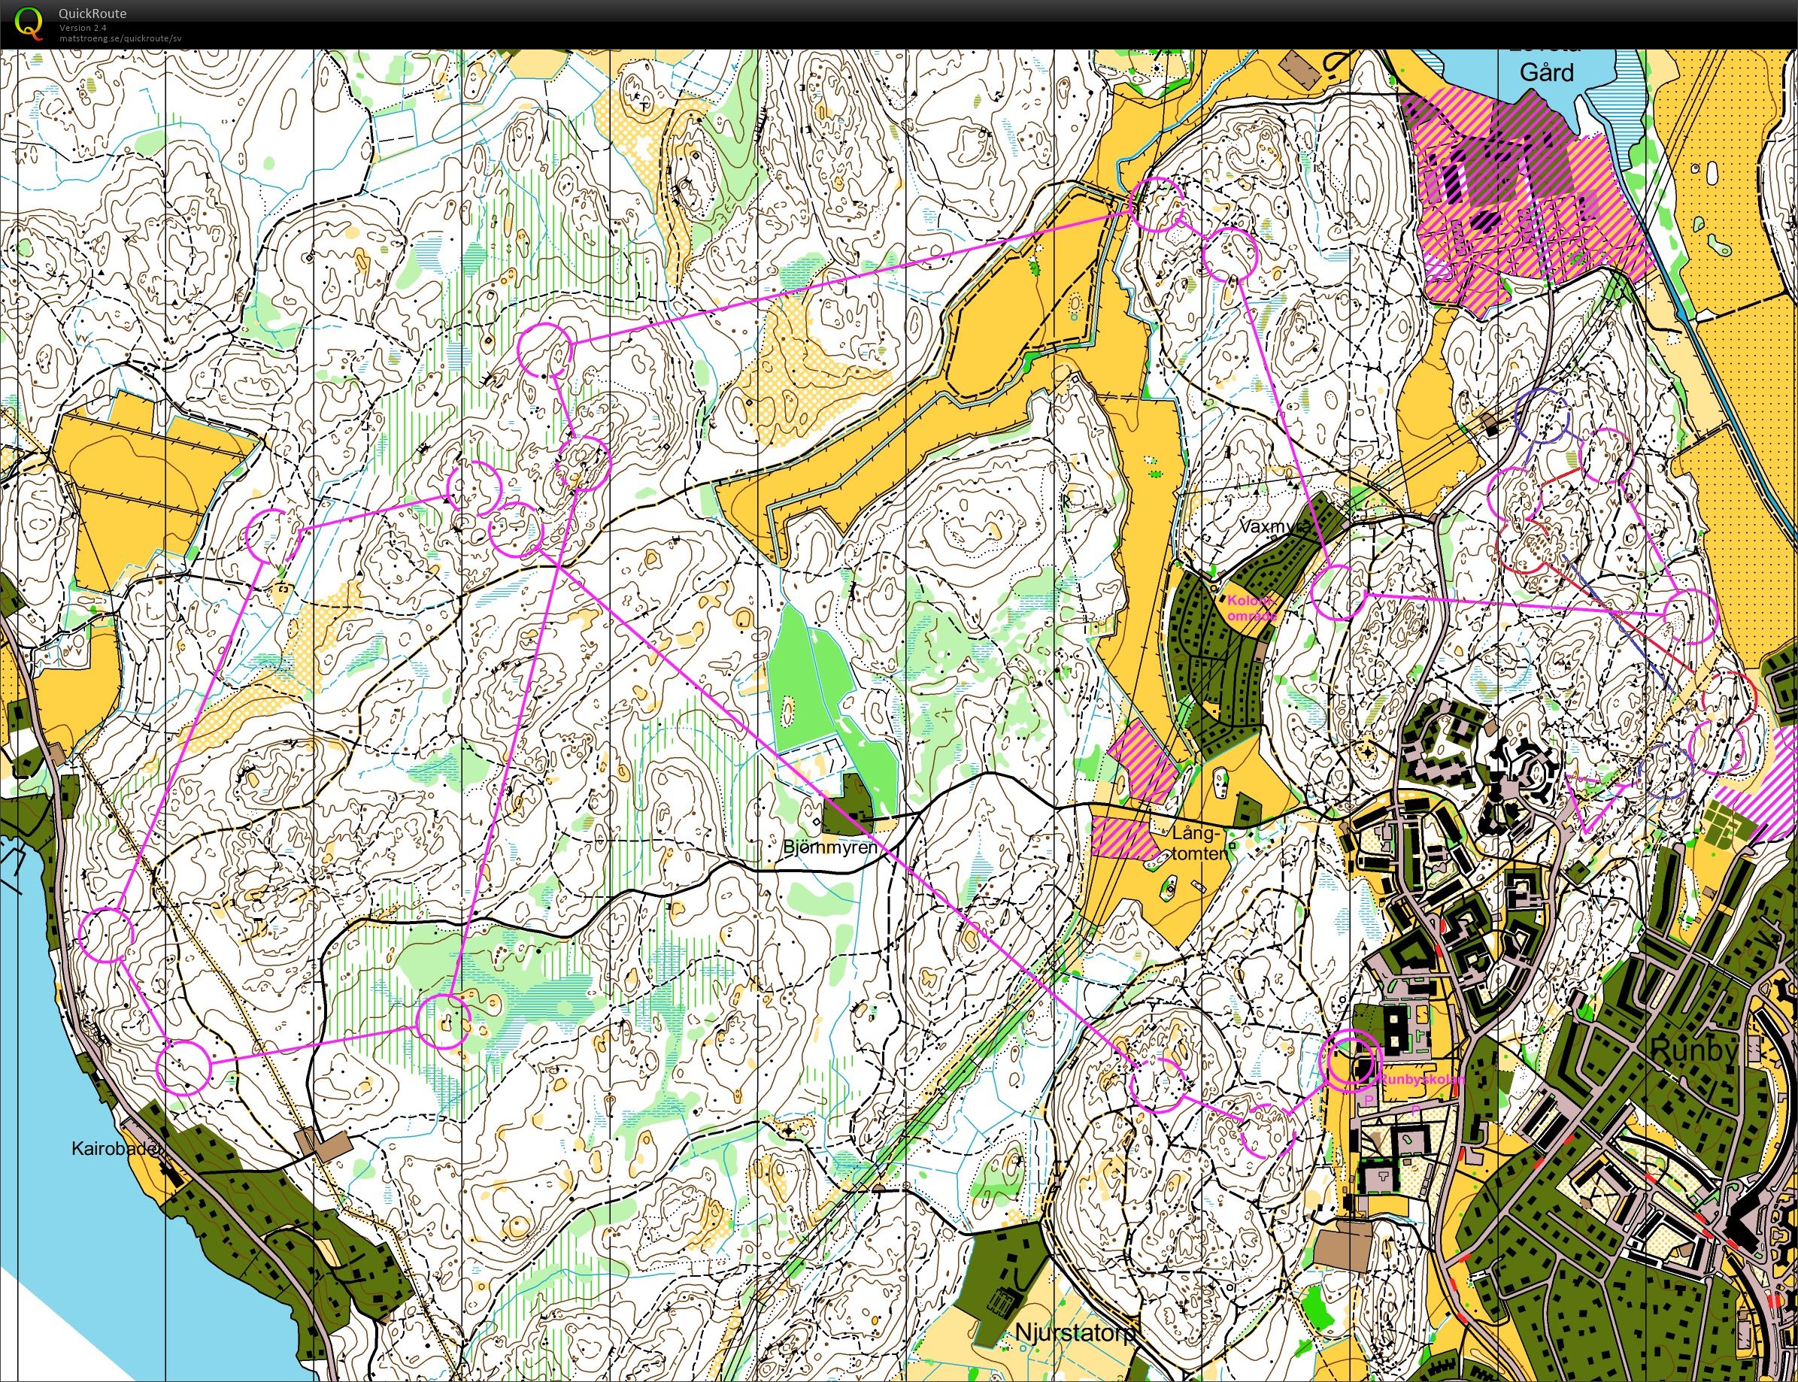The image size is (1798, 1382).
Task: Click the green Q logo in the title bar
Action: click(x=29, y=24)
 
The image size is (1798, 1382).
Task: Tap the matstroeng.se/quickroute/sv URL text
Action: click(x=120, y=38)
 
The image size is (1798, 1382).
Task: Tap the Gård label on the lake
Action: click(x=1546, y=72)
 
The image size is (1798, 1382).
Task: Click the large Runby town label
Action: click(x=1693, y=1050)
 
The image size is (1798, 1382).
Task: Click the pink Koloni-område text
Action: click(x=1251, y=608)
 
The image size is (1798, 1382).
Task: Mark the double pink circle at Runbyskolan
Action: click(x=1349, y=1060)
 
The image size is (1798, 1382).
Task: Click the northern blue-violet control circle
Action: click(x=1542, y=418)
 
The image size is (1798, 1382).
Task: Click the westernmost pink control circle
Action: click(x=106, y=935)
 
